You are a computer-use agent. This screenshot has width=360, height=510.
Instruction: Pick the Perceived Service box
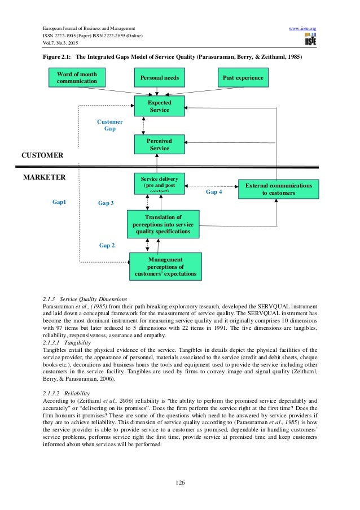pyautogui.click(x=159, y=144)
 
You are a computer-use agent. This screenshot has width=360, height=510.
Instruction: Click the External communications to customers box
pyautogui.click(x=278, y=189)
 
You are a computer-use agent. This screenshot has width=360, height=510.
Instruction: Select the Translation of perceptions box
pyautogui.click(x=163, y=224)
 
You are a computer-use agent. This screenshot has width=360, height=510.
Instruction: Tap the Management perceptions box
pyautogui.click(x=165, y=267)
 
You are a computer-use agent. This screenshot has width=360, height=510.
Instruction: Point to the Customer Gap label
pyautogui.click(x=110, y=125)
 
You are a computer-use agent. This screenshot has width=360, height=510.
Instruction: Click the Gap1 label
pyautogui.click(x=59, y=201)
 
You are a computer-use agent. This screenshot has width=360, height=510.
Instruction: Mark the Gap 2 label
pyautogui.click(x=107, y=246)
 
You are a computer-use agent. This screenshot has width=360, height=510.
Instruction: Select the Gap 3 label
pyautogui.click(x=106, y=202)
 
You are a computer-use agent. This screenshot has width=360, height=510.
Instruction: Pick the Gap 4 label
pyautogui.click(x=213, y=192)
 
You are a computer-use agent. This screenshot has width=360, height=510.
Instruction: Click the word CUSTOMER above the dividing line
pyautogui.click(x=42, y=155)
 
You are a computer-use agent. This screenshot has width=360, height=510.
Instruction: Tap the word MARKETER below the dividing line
pyautogui.click(x=44, y=177)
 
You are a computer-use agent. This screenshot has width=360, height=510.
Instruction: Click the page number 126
pyautogui.click(x=180, y=482)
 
